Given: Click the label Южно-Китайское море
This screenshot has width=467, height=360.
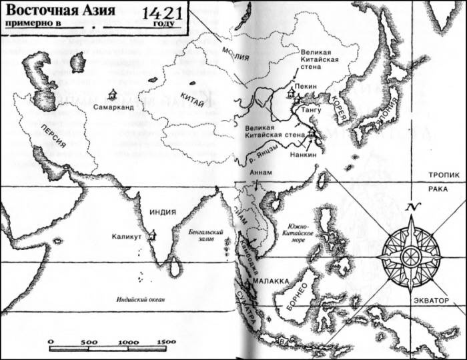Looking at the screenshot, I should click(x=301, y=233).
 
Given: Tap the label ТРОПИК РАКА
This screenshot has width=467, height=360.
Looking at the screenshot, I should click(x=441, y=181).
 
